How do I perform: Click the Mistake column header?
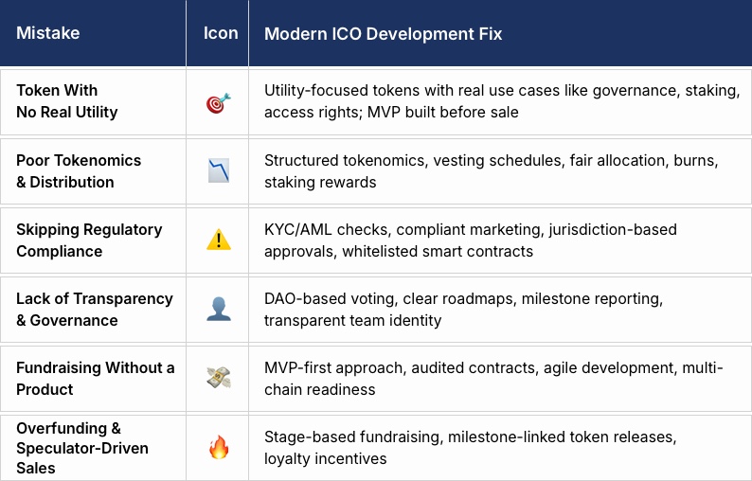pos(48,33)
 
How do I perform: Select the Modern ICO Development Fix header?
pos(383,33)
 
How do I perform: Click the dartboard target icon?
pos(218,102)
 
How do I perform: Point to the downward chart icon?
pos(218,171)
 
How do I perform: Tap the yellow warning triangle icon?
pos(218,240)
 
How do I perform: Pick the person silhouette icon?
pos(218,310)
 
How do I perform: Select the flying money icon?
pos(218,378)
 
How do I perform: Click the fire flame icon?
pos(218,447)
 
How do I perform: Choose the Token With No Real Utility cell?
pos(67,101)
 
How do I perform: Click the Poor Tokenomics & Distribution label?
pos(79,171)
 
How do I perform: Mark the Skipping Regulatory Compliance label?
pos(89,240)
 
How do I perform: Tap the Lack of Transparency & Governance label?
pos(95,310)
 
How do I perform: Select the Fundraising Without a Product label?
pos(95,378)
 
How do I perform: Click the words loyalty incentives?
pos(326,459)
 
